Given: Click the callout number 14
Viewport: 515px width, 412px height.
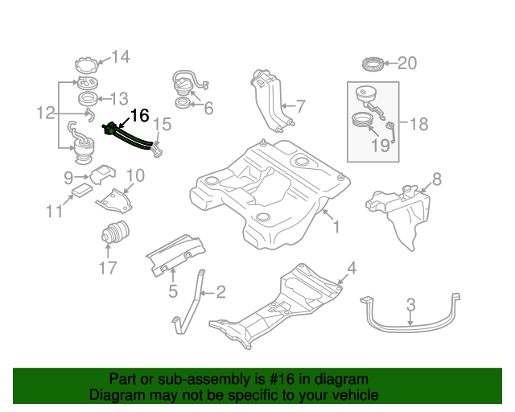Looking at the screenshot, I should [x=120, y=56].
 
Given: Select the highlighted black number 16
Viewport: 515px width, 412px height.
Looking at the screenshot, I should [x=139, y=115].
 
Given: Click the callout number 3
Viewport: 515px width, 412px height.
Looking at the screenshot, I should [x=410, y=304].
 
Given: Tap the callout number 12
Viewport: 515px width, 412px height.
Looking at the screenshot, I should [x=45, y=114].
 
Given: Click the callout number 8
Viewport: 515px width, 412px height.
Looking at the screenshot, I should [x=437, y=179].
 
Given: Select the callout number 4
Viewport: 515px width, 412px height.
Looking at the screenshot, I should [x=351, y=267].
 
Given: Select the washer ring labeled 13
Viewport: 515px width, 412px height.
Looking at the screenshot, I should [x=87, y=99].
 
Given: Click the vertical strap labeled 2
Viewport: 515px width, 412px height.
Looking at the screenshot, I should [x=191, y=302].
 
